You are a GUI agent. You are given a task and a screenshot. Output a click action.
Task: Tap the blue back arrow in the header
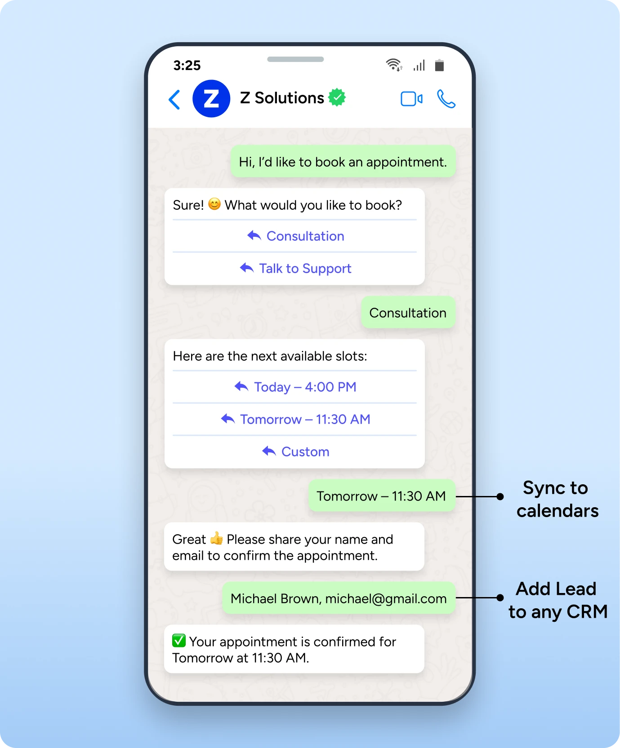[x=174, y=99]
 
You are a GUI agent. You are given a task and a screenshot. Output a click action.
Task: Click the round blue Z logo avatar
[x=211, y=99]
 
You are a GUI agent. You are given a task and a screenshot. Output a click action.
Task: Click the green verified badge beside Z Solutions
[x=337, y=97]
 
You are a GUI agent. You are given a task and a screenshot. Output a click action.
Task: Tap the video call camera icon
[x=411, y=99]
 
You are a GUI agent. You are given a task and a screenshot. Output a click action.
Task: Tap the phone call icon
[x=446, y=99]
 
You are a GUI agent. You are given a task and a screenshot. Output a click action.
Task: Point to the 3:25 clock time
[x=187, y=66]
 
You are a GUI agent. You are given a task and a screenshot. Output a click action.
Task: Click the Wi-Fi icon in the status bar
[x=394, y=65]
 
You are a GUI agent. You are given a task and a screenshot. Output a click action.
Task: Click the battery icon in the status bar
[x=439, y=66]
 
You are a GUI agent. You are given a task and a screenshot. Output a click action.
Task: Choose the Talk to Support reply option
[x=295, y=269]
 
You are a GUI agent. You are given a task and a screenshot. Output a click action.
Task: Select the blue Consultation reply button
[x=295, y=236]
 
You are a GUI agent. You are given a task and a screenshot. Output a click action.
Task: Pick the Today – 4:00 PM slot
[x=295, y=387]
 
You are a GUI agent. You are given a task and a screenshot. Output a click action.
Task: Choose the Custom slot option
[x=295, y=452]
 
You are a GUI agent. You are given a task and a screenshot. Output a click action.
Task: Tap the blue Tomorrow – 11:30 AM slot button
[x=295, y=420]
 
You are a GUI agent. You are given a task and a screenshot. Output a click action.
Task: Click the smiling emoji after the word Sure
[x=214, y=204]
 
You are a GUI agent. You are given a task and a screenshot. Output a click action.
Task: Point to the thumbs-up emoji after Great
[x=216, y=538]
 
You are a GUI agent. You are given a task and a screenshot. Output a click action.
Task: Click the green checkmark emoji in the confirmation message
[x=179, y=641]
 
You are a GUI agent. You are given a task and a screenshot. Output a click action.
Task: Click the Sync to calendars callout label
[x=557, y=499]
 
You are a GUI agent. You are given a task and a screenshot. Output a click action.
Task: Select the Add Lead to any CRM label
[x=558, y=600]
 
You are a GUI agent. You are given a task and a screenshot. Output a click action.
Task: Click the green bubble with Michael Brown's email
[x=339, y=598]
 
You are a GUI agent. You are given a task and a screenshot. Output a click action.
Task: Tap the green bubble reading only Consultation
[x=408, y=313]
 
